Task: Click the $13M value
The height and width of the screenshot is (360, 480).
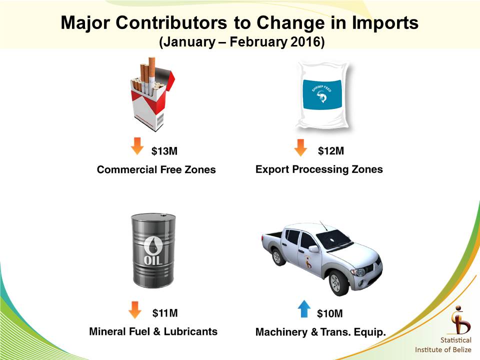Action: (x=164, y=151)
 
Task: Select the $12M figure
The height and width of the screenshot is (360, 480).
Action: (x=331, y=150)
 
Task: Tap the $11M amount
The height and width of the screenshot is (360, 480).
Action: (x=165, y=313)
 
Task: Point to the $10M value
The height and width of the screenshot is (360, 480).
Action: (x=329, y=313)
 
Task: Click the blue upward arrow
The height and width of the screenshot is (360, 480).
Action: (x=304, y=308)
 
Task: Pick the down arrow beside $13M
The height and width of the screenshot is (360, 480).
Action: (x=137, y=146)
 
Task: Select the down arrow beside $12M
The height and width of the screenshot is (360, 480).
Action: (x=300, y=147)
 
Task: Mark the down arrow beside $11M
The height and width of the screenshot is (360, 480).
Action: (x=135, y=310)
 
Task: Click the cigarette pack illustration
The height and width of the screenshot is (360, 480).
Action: (x=152, y=94)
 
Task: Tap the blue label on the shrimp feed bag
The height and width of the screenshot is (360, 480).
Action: (x=322, y=94)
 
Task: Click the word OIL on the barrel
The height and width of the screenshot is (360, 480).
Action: (x=153, y=260)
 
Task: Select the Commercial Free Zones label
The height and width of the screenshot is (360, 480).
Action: (x=156, y=169)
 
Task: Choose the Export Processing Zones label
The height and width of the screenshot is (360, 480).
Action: (x=319, y=169)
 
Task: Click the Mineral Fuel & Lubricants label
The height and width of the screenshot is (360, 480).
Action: (x=153, y=331)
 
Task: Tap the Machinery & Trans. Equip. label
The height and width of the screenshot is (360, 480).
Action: (x=320, y=332)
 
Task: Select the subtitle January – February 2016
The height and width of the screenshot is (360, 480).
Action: (x=242, y=42)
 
